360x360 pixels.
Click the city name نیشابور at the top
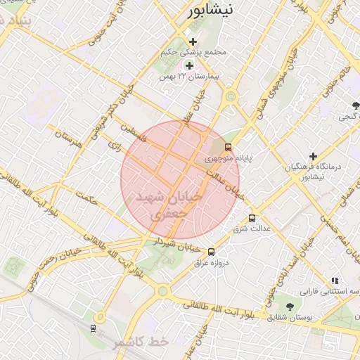click(214, 11)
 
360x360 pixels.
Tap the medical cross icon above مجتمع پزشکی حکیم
click(193, 42)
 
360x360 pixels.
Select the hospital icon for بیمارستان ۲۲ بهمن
click(188, 65)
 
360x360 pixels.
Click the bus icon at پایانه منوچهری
click(228, 148)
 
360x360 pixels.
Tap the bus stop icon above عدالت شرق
click(252, 218)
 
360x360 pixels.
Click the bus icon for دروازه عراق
click(212, 252)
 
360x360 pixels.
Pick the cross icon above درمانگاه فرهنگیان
click(314, 155)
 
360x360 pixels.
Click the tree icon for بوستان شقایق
click(290, 306)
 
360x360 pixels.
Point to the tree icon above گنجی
click(356, 105)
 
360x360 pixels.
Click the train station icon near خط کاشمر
click(94, 328)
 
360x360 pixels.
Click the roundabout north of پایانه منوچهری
click(230, 97)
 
